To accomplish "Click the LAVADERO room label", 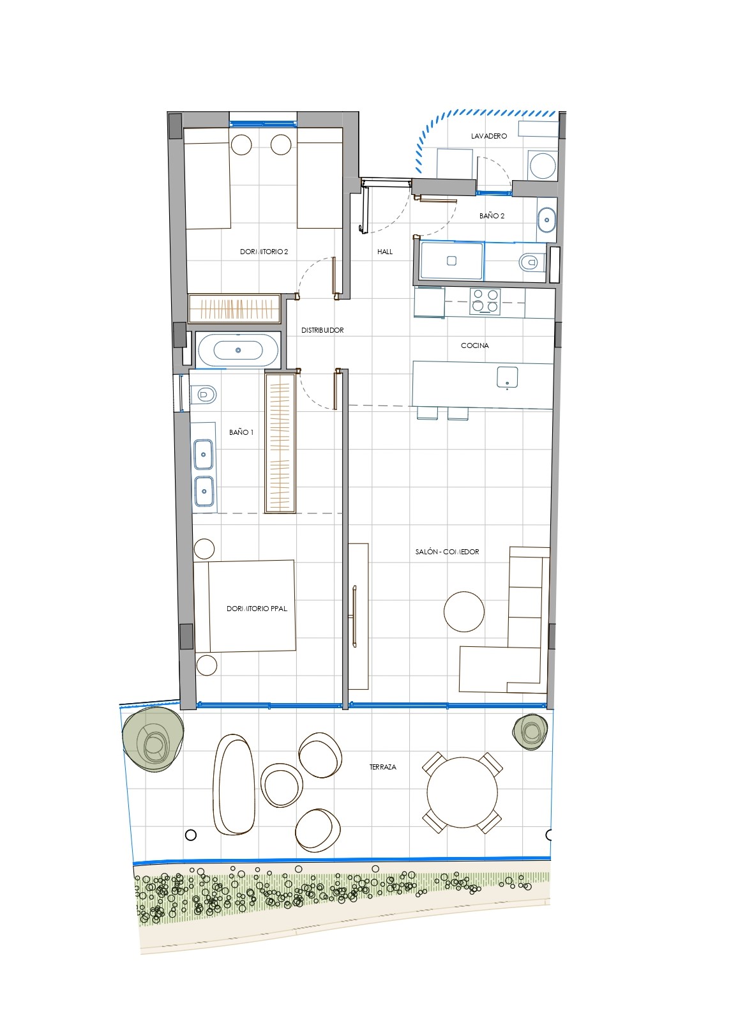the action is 488,136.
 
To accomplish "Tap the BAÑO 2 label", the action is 492,216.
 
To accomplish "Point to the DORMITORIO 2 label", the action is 264,252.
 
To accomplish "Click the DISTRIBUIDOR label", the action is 322,330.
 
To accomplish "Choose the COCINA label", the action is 474,345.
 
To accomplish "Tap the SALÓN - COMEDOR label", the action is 447,552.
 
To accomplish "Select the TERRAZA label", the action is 382,767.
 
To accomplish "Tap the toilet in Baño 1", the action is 203,395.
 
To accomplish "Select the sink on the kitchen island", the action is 508,378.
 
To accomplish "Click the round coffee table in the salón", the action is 463,611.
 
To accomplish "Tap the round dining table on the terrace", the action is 462,792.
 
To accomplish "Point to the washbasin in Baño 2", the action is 547,220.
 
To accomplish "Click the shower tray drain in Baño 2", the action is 451,261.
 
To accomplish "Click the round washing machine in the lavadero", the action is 543,165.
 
